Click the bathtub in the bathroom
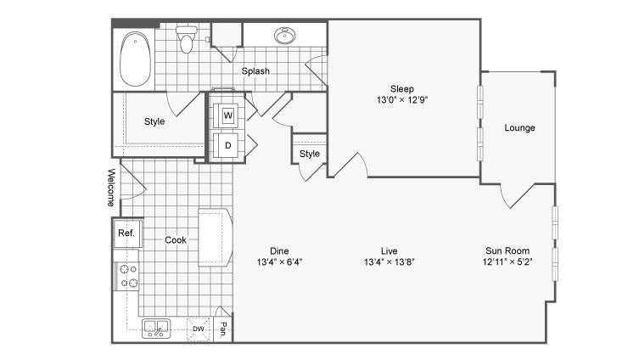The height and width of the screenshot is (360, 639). [x=135, y=59]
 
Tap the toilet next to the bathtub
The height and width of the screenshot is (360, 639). [x=186, y=40]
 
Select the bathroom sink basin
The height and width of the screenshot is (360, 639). [x=285, y=36]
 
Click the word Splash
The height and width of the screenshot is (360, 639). [x=255, y=71]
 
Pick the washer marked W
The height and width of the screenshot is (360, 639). [x=227, y=115]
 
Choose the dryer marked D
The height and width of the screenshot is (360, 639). [x=227, y=145]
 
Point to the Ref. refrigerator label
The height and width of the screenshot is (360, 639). [x=126, y=233]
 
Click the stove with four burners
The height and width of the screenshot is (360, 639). [x=128, y=276]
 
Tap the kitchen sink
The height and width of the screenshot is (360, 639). [x=156, y=329]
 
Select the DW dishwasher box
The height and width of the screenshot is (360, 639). [x=199, y=329]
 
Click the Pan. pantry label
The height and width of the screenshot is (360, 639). [x=223, y=329]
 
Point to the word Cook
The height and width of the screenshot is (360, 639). [x=175, y=240]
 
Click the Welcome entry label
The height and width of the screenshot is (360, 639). [x=111, y=187]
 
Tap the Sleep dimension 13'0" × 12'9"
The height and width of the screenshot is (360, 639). [x=402, y=100]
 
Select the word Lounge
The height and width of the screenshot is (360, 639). [x=519, y=128]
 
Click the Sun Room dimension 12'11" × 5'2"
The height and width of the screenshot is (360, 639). [x=507, y=262]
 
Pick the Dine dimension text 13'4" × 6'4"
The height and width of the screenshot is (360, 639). [x=279, y=262]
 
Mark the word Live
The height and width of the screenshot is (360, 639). [x=390, y=251]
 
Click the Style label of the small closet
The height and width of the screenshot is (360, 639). [x=309, y=154]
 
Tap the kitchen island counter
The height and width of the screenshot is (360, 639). [x=216, y=238]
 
